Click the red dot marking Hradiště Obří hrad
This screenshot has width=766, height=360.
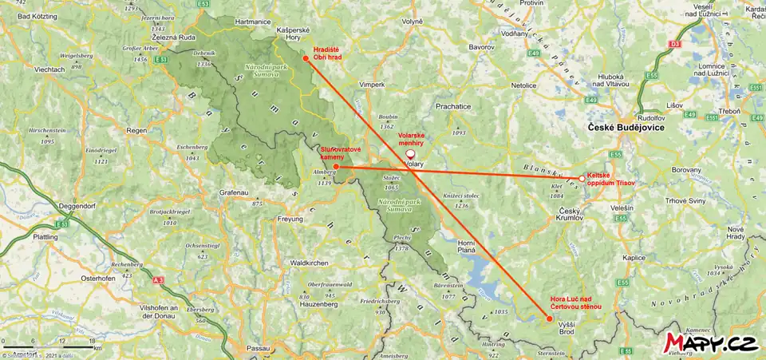pyautogui.click(x=306, y=57)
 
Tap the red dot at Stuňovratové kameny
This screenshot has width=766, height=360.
pyautogui.click(x=336, y=166)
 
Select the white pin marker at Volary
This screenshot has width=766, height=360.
pyautogui.click(x=410, y=154)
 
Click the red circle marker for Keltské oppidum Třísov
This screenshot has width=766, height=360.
pyautogui.click(x=580, y=179)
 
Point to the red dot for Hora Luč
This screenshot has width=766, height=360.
pyautogui.click(x=548, y=318)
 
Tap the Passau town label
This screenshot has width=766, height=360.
pyautogui.click(x=259, y=349)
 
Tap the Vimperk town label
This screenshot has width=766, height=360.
pyautogui.click(x=372, y=83)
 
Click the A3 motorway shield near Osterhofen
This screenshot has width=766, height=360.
pyautogui.click(x=159, y=280)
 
